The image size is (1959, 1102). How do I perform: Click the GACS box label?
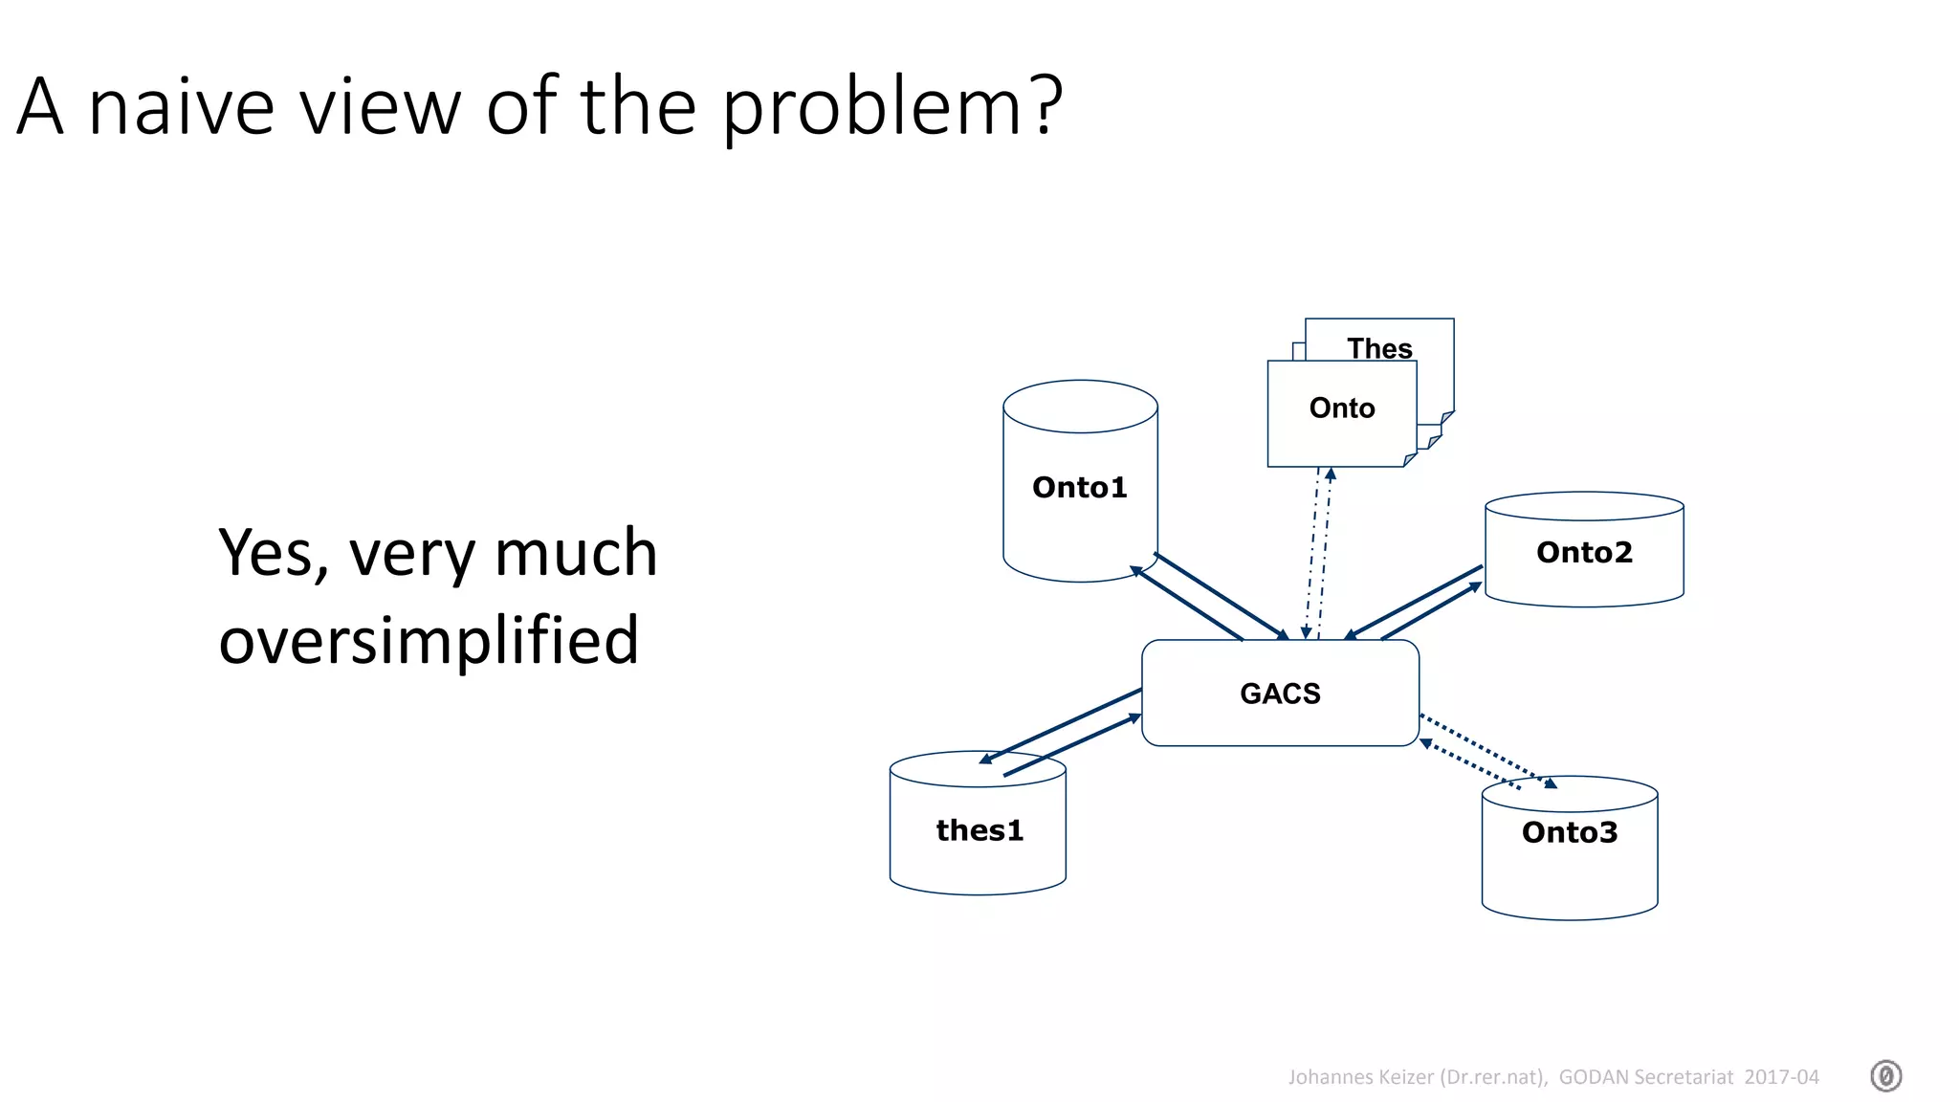(x=1280, y=694)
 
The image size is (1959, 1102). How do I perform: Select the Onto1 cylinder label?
(x=1079, y=488)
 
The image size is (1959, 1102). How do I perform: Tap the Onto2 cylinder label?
(x=1584, y=552)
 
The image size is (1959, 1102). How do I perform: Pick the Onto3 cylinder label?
(x=1570, y=832)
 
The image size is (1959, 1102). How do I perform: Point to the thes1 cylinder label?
(x=979, y=830)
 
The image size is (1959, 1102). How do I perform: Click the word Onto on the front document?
(x=1342, y=408)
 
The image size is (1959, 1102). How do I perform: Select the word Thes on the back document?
(x=1379, y=348)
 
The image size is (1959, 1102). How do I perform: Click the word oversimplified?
(x=429, y=640)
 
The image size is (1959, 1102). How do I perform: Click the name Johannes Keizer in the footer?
(x=1360, y=1077)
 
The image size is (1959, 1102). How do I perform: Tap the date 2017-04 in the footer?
(x=1781, y=1077)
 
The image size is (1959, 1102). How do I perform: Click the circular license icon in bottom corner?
(x=1885, y=1076)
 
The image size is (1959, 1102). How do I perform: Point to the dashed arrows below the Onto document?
(x=1318, y=553)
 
